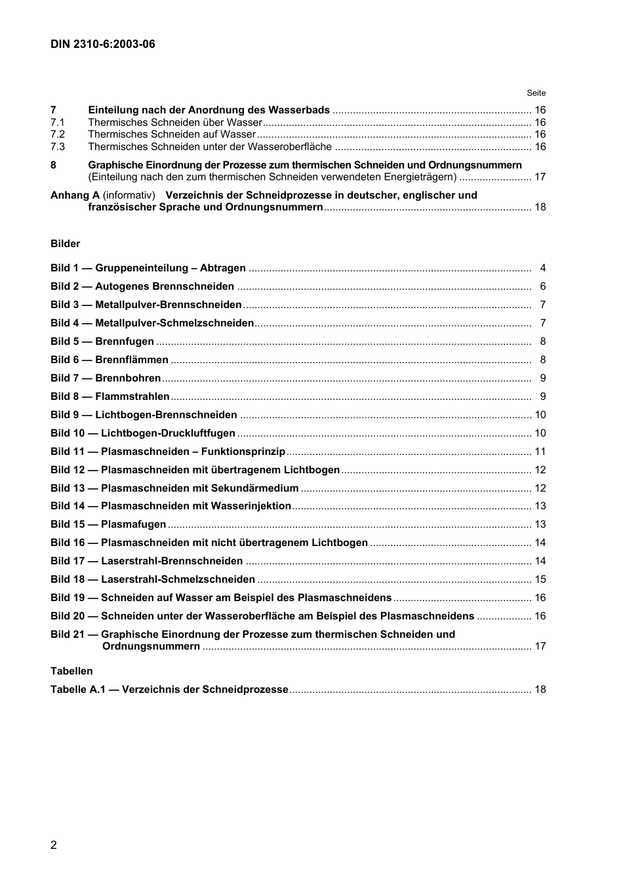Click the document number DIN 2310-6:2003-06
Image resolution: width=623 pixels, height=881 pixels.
103,45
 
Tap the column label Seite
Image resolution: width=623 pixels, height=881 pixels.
536,93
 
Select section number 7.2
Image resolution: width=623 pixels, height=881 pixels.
58,134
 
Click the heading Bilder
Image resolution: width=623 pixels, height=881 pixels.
65,244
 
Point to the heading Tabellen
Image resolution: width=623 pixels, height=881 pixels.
71,671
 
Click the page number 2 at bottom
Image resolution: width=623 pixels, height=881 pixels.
54,845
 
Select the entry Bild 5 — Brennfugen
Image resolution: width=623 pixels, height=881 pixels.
102,342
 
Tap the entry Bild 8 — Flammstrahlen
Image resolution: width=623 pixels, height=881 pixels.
110,397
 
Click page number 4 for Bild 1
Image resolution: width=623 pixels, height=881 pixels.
542,268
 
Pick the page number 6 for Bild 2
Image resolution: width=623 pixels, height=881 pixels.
542,286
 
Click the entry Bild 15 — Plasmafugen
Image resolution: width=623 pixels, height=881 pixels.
108,524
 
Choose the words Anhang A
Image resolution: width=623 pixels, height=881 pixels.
75,195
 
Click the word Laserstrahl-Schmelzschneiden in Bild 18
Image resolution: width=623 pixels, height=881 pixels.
178,579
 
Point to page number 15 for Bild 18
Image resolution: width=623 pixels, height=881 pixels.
540,579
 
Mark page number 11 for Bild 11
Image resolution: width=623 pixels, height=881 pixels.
540,452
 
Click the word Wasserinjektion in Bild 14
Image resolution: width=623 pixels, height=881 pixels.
251,506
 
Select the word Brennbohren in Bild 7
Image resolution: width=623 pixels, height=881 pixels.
128,378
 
